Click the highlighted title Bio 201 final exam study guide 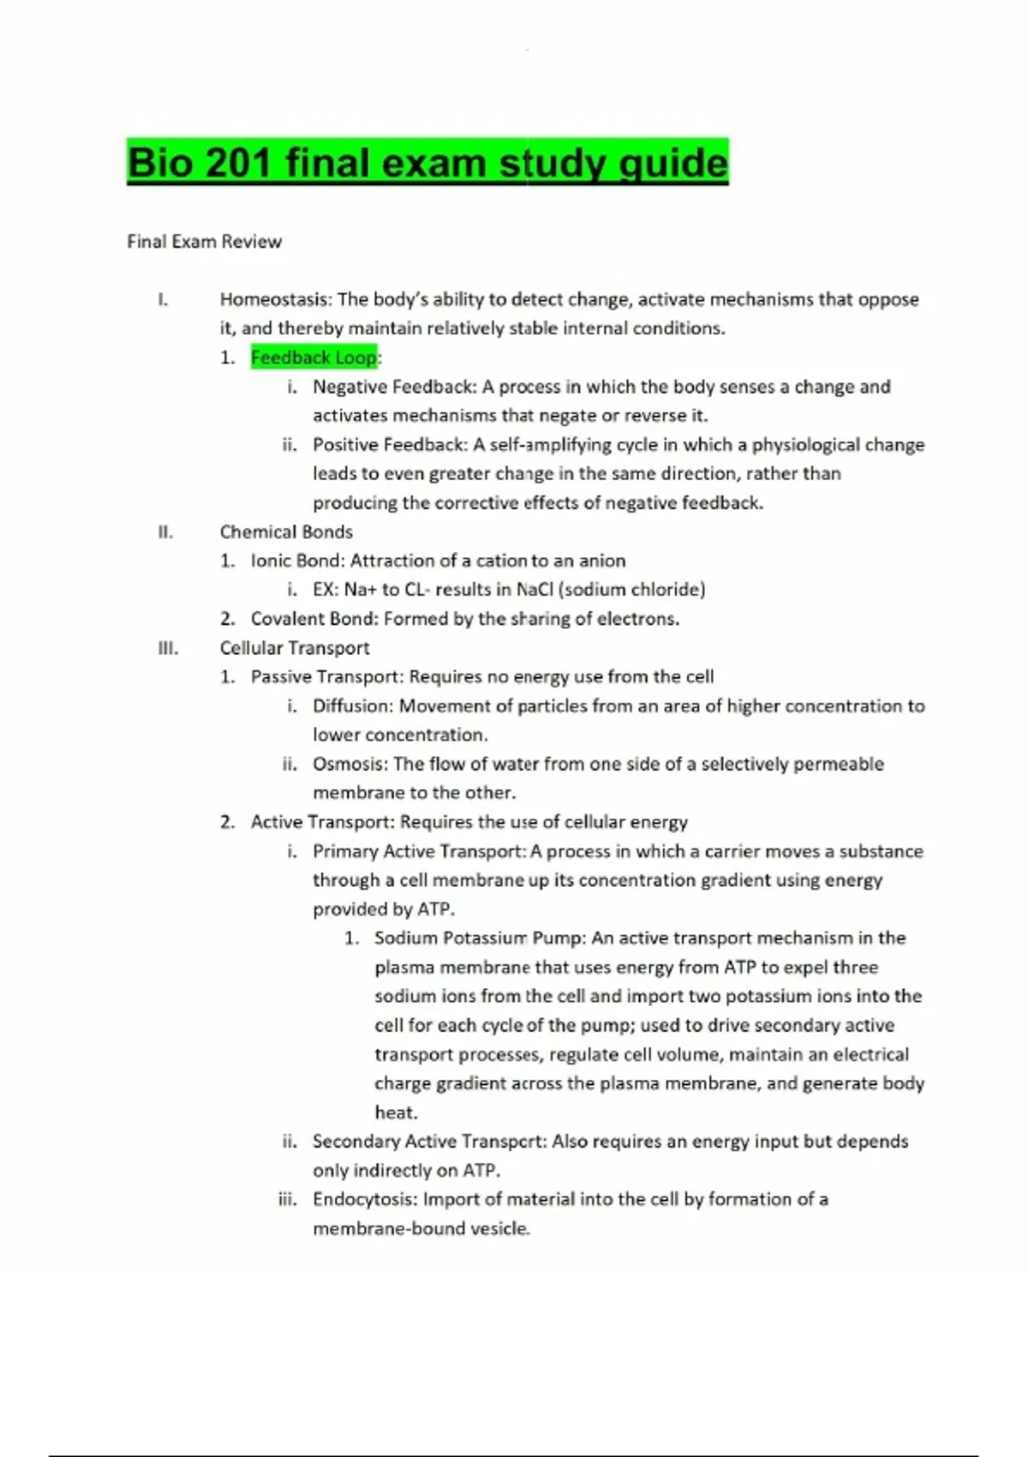[x=427, y=162]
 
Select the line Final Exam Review [x=204, y=242]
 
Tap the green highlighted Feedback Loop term [x=314, y=357]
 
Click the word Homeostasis [x=274, y=299]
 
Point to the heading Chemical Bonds [x=286, y=531]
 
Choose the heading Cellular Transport [x=295, y=648]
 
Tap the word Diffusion [x=352, y=706]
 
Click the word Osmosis [x=350, y=764]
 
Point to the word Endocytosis [x=365, y=1199]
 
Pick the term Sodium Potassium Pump [x=479, y=938]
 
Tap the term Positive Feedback [x=390, y=445]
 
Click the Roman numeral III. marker [x=169, y=648]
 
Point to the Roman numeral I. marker [x=163, y=299]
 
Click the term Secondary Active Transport [x=429, y=1142]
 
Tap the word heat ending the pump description [x=396, y=1112]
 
